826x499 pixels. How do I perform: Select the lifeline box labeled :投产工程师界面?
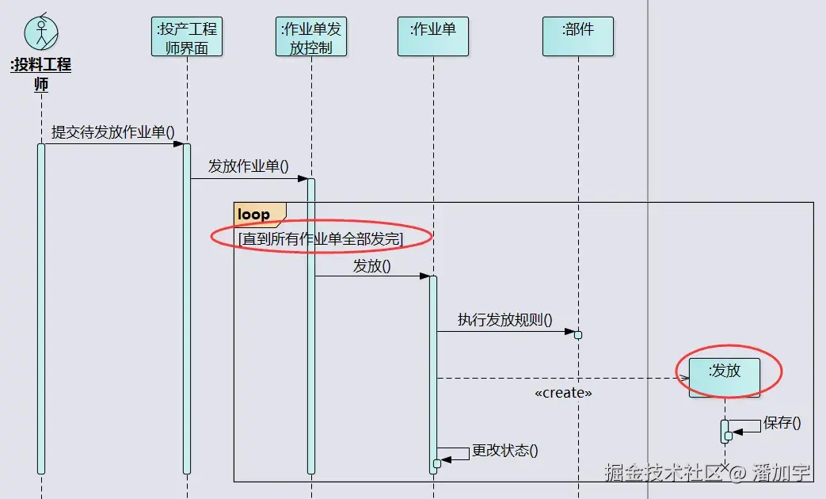pos(187,38)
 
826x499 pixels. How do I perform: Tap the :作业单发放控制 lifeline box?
pos(311,38)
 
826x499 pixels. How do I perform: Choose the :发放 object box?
pos(725,377)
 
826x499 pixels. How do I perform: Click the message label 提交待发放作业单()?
pos(112,132)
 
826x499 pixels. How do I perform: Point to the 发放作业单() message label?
pos(248,166)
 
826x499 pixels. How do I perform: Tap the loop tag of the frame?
pos(255,214)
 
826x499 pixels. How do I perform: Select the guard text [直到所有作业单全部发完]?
pos(320,238)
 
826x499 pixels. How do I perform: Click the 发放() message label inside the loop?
pos(371,265)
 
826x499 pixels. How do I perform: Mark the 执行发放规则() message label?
pos(504,320)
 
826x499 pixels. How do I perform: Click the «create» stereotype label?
pos(563,393)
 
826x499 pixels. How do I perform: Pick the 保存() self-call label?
pos(782,423)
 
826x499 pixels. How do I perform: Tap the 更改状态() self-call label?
pos(504,451)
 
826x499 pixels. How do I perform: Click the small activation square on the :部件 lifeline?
pos(578,334)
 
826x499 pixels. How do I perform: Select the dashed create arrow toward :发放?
pos(554,378)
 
